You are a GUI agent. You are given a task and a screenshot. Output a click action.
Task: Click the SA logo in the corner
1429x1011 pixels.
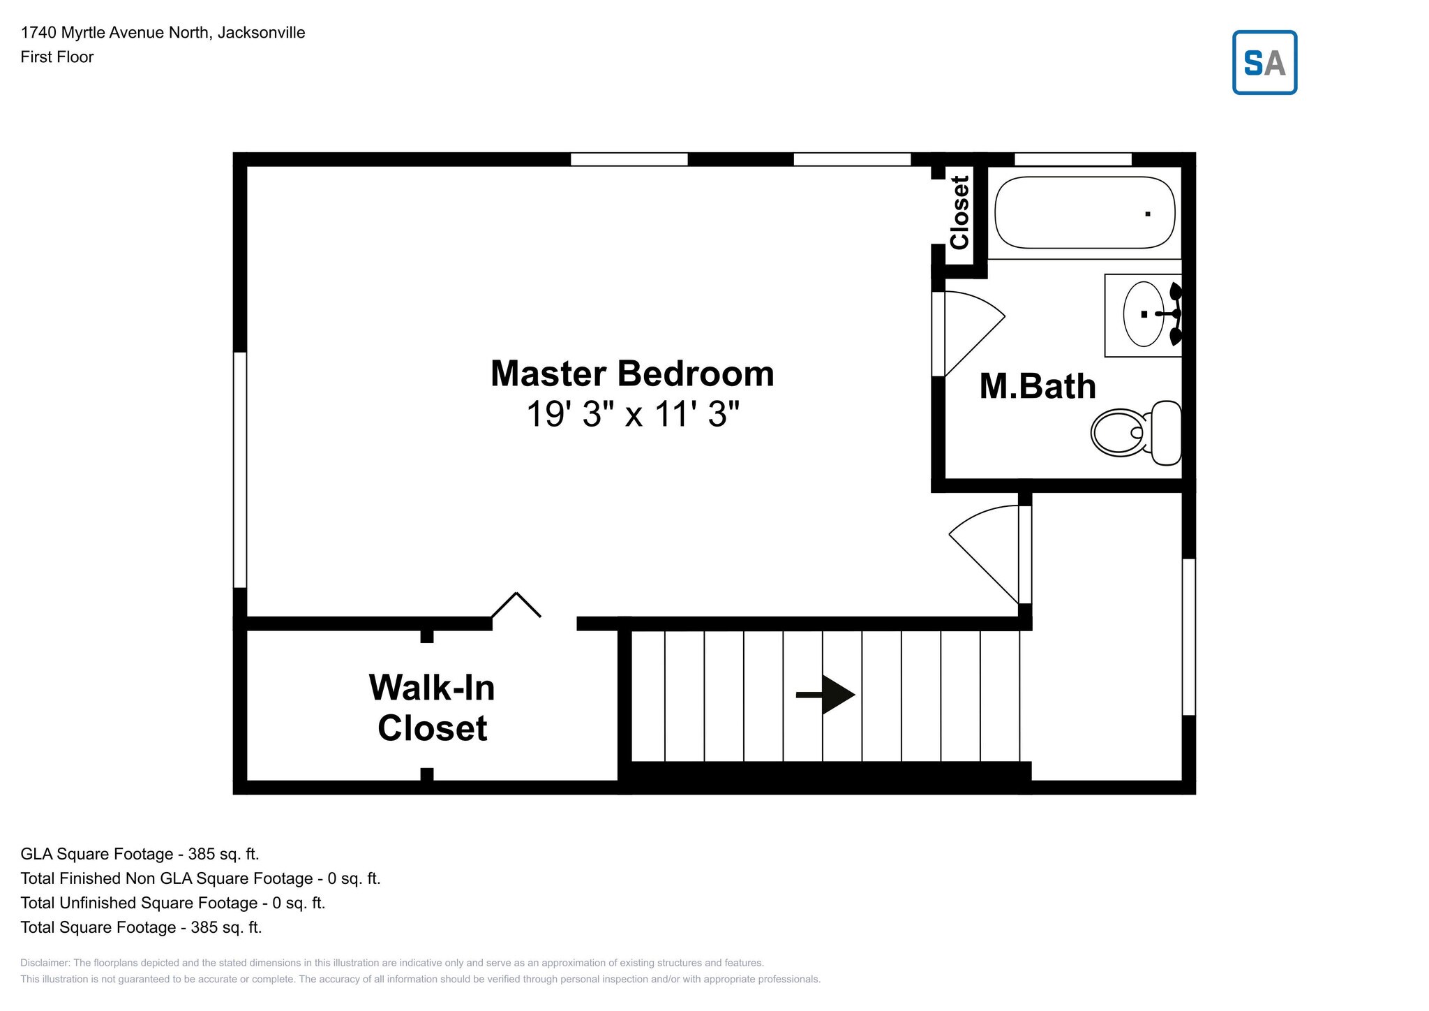[1264, 62]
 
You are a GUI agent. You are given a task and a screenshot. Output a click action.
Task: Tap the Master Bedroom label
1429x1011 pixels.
[632, 374]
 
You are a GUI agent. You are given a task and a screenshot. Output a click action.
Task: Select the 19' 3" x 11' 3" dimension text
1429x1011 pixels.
[632, 414]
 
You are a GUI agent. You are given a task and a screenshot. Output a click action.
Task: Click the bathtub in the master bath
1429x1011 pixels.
[1084, 212]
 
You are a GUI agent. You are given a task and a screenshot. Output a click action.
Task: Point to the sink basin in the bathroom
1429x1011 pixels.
[1143, 314]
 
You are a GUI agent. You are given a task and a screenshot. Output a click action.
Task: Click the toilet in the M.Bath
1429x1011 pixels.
[1136, 433]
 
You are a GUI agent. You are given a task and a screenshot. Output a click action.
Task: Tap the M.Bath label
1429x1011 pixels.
[1038, 386]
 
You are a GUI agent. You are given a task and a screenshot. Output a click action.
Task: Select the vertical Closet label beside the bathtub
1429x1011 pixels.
[960, 212]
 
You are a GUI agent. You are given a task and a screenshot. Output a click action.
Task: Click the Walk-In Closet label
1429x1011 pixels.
[432, 707]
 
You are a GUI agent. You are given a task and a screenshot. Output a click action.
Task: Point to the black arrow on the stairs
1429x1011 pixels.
[825, 695]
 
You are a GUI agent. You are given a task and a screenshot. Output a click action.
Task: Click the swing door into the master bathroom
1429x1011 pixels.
[968, 334]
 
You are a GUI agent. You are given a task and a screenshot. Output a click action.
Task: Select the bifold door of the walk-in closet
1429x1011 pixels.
[516, 605]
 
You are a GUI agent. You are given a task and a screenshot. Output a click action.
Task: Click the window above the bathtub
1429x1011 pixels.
[1072, 159]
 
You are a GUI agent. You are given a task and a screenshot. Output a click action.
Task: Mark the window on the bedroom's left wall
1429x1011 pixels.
[240, 470]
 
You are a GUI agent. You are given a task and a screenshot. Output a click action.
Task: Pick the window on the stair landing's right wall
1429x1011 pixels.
[1189, 637]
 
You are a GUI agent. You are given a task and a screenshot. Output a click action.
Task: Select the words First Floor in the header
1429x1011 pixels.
[57, 57]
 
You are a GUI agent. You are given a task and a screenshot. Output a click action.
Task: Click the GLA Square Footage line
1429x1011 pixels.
[140, 854]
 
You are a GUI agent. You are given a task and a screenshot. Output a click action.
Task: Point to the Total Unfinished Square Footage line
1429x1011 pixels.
[173, 903]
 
